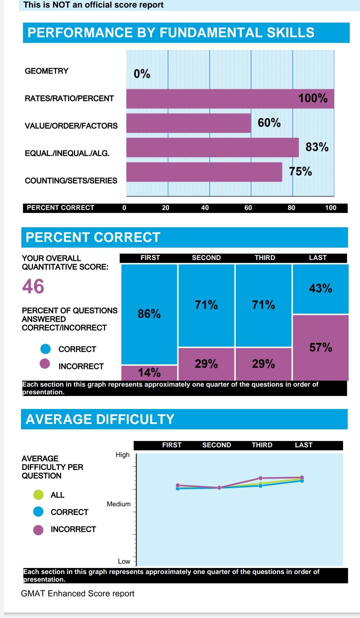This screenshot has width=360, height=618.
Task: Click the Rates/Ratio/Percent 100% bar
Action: [230, 99]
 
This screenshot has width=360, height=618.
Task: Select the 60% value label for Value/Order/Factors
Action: [269, 123]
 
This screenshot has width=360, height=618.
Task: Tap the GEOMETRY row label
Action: [47, 71]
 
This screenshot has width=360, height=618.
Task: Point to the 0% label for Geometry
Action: [142, 74]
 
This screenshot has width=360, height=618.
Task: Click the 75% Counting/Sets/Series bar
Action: [204, 172]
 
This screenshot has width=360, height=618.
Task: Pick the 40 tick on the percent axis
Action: [205, 208]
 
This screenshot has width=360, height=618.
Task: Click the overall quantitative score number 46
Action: [33, 286]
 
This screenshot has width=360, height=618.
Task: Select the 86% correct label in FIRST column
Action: [149, 314]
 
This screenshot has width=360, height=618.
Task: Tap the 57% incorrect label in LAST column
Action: [321, 347]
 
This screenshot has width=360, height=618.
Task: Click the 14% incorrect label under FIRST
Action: [149, 372]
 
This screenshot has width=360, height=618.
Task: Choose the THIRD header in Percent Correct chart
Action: [265, 258]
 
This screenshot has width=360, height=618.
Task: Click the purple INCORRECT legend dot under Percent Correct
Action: [45, 364]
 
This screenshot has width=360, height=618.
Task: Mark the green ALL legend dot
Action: [38, 495]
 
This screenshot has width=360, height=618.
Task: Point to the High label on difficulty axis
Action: [123, 455]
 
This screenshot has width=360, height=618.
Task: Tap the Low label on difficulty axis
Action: [124, 561]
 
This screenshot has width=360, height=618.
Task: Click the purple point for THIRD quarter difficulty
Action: [261, 478]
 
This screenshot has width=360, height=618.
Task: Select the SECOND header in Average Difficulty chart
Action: [217, 445]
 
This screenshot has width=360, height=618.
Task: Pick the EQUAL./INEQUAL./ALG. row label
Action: [67, 153]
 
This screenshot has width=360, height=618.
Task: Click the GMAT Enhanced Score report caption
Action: [78, 594]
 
